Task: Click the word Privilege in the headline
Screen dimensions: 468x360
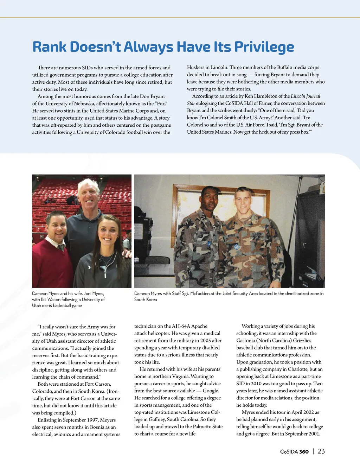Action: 264,47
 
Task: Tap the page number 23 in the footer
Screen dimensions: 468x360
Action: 321,451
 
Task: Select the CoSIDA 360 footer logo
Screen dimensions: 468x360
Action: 294,452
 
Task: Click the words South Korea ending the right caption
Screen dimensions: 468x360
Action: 146,299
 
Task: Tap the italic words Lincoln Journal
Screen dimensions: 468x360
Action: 305,96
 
